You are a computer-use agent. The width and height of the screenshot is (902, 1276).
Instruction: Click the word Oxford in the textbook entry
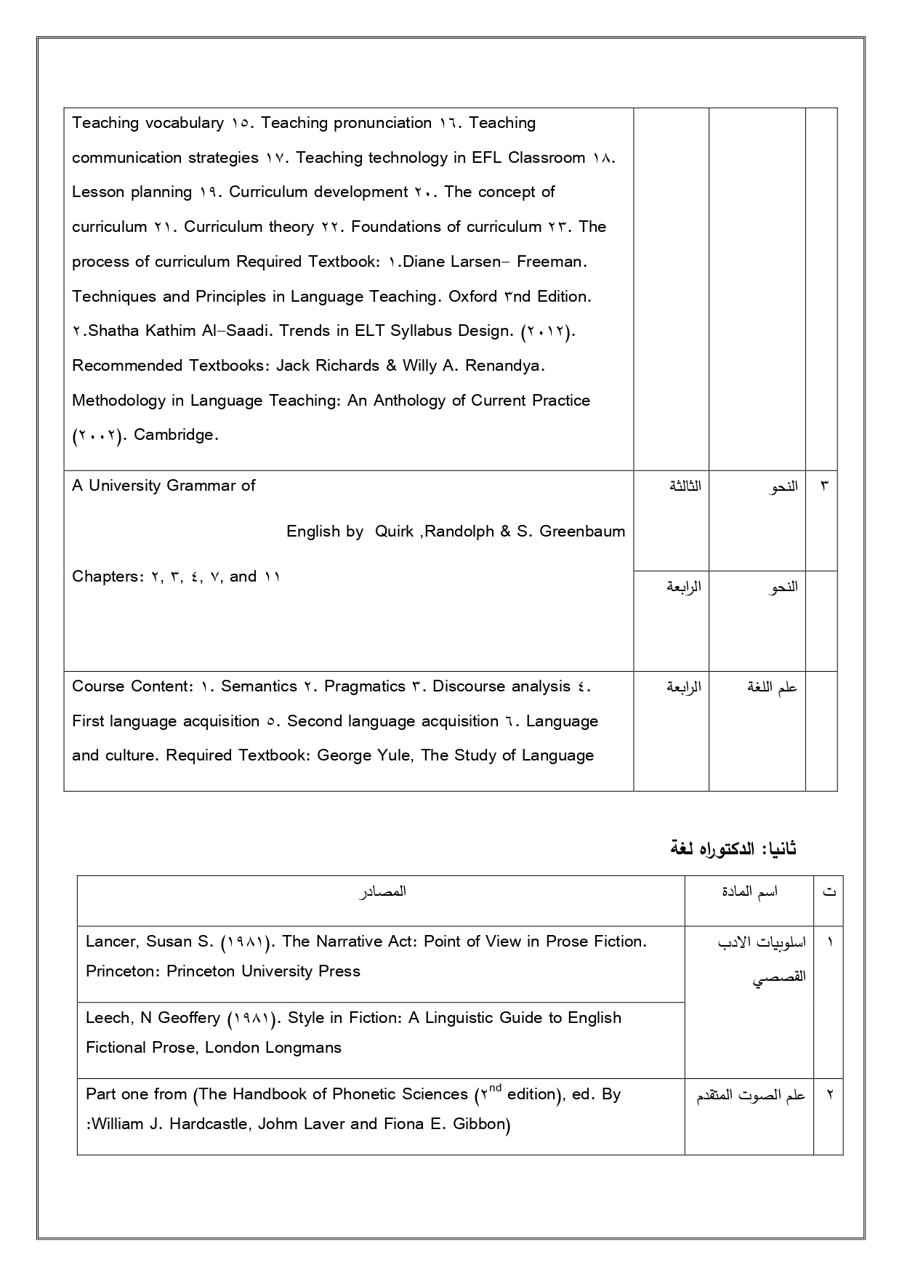[x=472, y=297]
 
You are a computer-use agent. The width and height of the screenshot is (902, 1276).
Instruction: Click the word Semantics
[x=259, y=686]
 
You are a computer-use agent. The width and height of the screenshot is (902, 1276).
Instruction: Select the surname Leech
[x=108, y=1018]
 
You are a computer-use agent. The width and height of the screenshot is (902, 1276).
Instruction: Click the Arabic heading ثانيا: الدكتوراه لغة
[x=733, y=848]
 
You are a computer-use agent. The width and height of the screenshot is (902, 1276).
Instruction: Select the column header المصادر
[x=382, y=892]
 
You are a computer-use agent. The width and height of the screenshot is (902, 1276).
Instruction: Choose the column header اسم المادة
[x=749, y=892]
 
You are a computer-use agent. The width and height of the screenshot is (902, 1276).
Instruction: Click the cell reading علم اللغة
[x=772, y=687]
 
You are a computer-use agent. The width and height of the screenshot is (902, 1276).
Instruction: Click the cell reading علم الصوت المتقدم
[x=751, y=1096]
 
